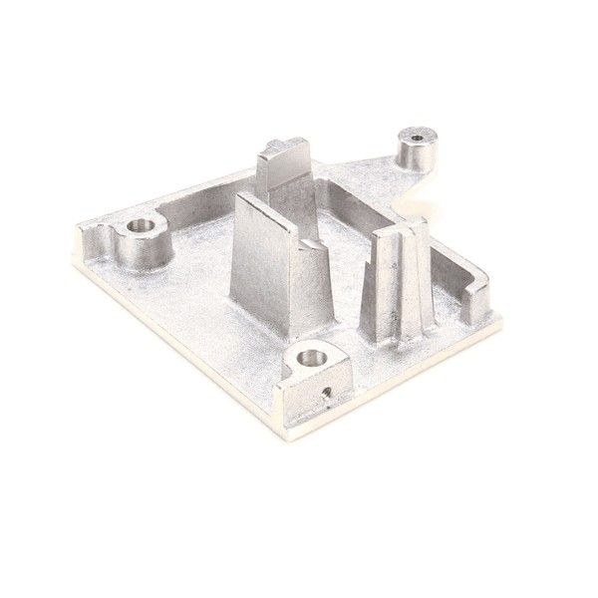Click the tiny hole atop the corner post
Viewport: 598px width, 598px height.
[x=416, y=135]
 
